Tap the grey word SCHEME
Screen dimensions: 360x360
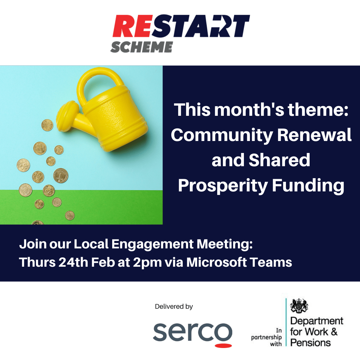[x=141, y=47]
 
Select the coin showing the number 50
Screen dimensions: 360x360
[x=23, y=165]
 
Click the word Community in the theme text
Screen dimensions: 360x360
[x=222, y=135]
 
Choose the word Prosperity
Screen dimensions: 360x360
[x=223, y=186]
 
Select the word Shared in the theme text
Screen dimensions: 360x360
[x=280, y=160]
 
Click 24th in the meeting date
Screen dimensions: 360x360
[x=73, y=262]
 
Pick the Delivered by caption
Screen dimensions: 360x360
[x=174, y=306]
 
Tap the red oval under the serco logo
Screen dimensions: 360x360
[x=223, y=346]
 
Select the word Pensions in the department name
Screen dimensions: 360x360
[x=310, y=343]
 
